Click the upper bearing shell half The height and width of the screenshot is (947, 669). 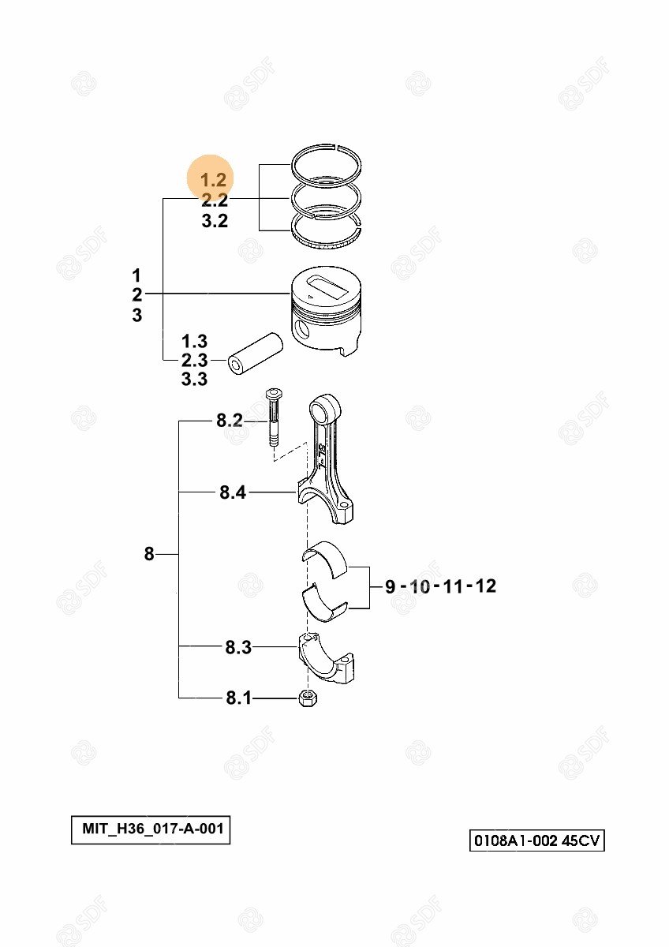pyautogui.click(x=324, y=559)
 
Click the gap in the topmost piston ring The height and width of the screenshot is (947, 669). pyautogui.click(x=334, y=148)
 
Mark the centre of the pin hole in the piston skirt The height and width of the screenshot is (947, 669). pyautogui.click(x=303, y=328)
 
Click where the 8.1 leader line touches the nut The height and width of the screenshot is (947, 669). pyautogui.click(x=299, y=698)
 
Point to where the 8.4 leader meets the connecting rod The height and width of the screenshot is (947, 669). pyautogui.click(x=297, y=492)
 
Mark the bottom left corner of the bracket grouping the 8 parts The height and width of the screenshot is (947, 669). pyautogui.click(x=179, y=698)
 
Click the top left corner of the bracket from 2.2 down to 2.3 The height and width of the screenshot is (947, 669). pyautogui.click(x=163, y=198)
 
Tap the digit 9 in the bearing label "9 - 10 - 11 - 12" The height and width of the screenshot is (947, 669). pyautogui.click(x=390, y=587)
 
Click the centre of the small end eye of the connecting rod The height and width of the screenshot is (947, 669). pyautogui.click(x=325, y=407)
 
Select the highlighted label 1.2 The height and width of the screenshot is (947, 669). pyautogui.click(x=214, y=180)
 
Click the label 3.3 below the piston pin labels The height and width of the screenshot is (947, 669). pyautogui.click(x=194, y=380)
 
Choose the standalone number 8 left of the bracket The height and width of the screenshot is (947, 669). pyautogui.click(x=149, y=554)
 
